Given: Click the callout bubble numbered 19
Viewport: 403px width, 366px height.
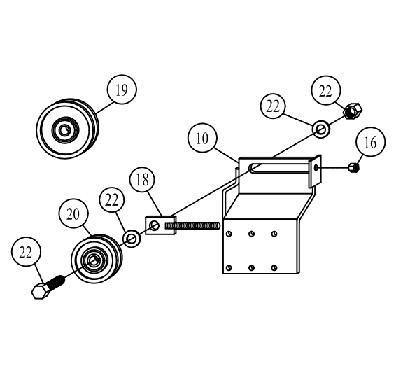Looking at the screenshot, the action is pyautogui.click(x=122, y=90).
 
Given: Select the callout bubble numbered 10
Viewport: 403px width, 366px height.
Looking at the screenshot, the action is pyautogui.click(x=202, y=138).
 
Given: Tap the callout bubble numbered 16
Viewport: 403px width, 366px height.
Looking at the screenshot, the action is pyautogui.click(x=370, y=142).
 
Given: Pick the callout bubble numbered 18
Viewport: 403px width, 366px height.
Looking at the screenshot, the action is pyautogui.click(x=142, y=179).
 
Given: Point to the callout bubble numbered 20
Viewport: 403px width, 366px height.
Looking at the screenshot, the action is pyautogui.click(x=73, y=213).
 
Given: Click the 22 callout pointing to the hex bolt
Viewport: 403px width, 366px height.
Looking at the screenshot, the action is pyautogui.click(x=26, y=252).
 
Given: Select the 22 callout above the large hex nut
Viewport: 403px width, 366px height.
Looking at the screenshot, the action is pyautogui.click(x=326, y=90).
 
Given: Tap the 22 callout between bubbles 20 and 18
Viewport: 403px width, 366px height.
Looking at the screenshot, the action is pyautogui.click(x=112, y=200).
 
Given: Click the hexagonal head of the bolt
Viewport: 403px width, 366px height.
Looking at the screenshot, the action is pyautogui.click(x=41, y=291).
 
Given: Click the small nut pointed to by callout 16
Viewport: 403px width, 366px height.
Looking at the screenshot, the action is pyautogui.click(x=353, y=167).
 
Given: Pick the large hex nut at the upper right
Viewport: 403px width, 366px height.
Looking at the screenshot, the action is pyautogui.click(x=353, y=111).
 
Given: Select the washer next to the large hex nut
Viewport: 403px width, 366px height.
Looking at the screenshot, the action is pyautogui.click(x=321, y=129).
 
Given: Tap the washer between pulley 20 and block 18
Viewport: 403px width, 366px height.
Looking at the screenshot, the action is pyautogui.click(x=132, y=239).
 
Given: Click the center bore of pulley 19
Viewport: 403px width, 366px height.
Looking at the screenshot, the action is pyautogui.click(x=64, y=130).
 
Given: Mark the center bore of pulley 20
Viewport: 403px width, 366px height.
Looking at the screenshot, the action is pyautogui.click(x=94, y=260).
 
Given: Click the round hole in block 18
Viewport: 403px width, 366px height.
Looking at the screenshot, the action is pyautogui.click(x=155, y=225).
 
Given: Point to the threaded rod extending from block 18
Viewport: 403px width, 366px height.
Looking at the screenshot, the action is pyautogui.click(x=193, y=226).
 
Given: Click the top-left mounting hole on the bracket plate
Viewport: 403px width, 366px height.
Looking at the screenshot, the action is pyautogui.click(x=229, y=234).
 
